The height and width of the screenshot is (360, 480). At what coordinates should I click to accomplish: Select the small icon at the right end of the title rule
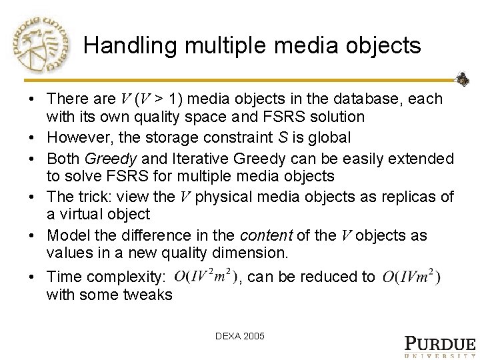pyautogui.click(x=461, y=79)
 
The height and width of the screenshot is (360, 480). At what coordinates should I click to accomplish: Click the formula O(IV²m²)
pyautogui.click(x=205, y=276)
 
